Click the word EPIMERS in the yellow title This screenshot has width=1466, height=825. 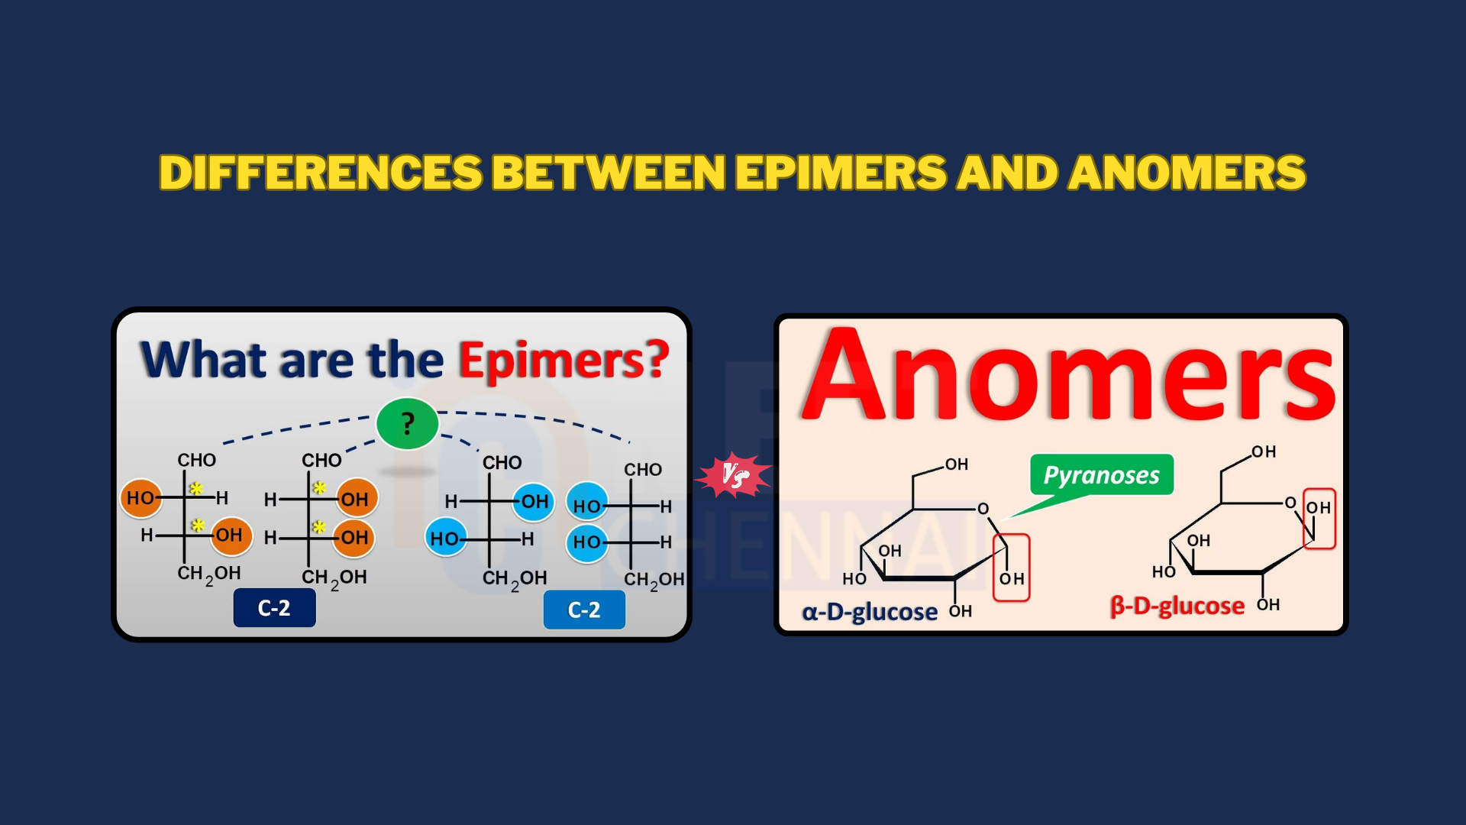click(x=840, y=172)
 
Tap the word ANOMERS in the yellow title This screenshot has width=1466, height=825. click(x=1187, y=172)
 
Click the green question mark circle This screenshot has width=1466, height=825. click(x=408, y=423)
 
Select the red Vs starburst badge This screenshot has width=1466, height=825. click(x=734, y=476)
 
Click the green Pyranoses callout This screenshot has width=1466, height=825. click(x=1102, y=475)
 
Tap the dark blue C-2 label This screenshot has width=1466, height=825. click(x=274, y=608)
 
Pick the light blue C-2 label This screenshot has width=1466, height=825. click(x=584, y=610)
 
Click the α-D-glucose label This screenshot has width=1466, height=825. click(x=870, y=612)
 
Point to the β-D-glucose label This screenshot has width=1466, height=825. click(x=1177, y=606)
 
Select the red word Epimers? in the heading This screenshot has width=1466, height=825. click(x=563, y=361)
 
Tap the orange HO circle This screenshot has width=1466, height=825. click(x=141, y=498)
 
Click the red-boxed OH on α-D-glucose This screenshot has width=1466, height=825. click(x=1012, y=579)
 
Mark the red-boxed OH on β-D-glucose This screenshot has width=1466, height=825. click(x=1319, y=508)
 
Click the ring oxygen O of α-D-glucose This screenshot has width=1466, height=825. click(x=983, y=509)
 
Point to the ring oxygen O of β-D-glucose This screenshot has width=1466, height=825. click(x=1290, y=503)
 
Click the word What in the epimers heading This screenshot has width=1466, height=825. click(x=203, y=359)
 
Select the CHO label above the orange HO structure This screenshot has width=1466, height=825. click(x=197, y=460)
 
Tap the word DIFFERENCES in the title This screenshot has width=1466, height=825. click(x=321, y=172)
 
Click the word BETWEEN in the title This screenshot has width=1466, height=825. click(x=609, y=172)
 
